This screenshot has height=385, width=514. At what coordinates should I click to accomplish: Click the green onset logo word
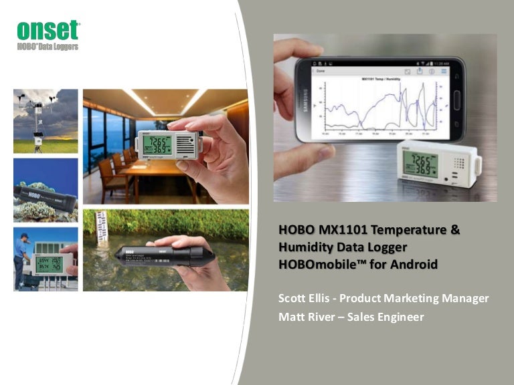pyautogui.click(x=48, y=31)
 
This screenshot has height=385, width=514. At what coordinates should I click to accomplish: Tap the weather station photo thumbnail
pyautogui.click(x=46, y=121)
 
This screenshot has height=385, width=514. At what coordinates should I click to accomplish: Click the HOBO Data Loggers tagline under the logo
pyautogui.click(x=48, y=46)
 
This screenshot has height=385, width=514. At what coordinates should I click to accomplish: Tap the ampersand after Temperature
pyautogui.click(x=454, y=230)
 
